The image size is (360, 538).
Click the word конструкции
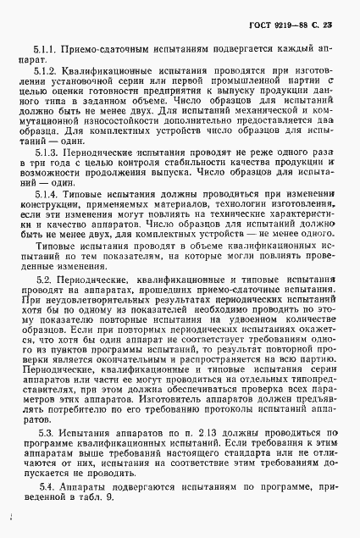[x=53, y=231]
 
